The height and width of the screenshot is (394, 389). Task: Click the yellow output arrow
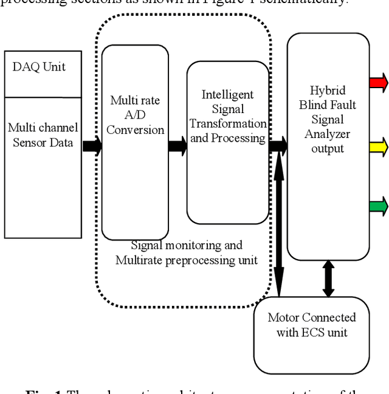(x=378, y=146)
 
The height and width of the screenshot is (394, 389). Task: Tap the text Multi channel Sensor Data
(x=43, y=134)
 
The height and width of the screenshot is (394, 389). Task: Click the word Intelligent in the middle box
(x=227, y=95)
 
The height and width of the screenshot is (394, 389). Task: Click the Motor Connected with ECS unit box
(x=312, y=333)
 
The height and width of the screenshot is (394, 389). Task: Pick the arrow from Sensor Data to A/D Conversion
(x=92, y=146)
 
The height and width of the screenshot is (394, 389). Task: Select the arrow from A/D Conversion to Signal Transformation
(x=177, y=146)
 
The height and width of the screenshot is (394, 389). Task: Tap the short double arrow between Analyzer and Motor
(x=328, y=278)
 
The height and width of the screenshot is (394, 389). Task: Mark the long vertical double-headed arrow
(x=279, y=225)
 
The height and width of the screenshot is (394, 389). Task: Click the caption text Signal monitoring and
(x=187, y=245)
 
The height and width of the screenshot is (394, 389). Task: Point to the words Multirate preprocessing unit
(x=187, y=260)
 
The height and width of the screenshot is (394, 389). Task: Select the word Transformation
(x=227, y=123)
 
